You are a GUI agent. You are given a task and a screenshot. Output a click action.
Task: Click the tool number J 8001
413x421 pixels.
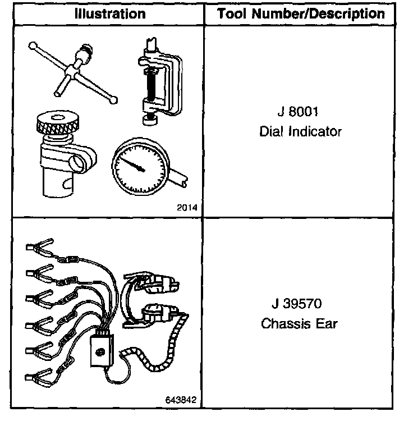pyautogui.click(x=297, y=112)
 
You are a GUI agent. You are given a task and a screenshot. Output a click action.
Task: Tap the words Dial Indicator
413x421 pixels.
pyautogui.click(x=300, y=132)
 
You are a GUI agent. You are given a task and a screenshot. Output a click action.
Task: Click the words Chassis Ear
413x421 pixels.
pyautogui.click(x=299, y=324)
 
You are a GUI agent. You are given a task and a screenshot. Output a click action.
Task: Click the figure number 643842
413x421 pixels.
pyautogui.click(x=181, y=400)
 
